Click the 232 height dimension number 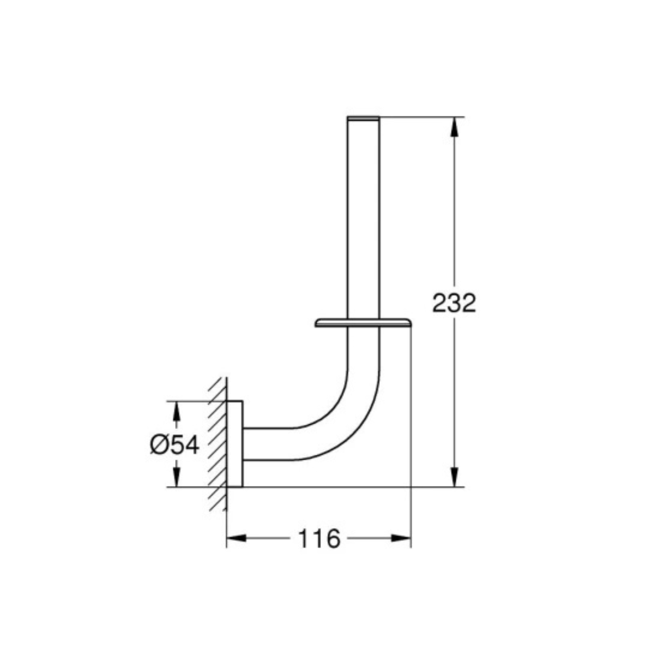tap(454, 302)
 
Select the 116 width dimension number tap(319, 538)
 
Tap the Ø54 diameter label tap(175, 444)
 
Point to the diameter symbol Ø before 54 tap(158, 444)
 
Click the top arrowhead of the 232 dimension tap(454, 127)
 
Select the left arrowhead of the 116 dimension tap(236, 538)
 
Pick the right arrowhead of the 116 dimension tap(401, 538)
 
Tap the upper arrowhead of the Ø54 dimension tap(176, 411)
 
